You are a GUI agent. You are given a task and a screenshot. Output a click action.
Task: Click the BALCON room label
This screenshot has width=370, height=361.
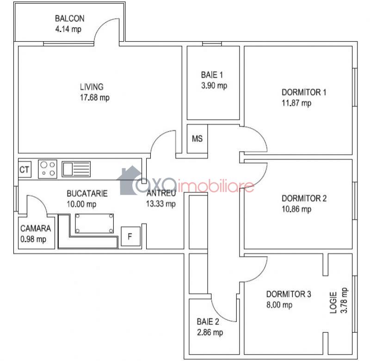70,18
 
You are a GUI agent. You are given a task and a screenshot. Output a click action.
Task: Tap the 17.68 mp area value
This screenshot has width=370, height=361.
95,98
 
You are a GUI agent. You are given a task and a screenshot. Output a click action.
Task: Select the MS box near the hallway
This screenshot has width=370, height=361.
197,139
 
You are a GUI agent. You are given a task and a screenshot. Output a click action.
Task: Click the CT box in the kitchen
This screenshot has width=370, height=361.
25,169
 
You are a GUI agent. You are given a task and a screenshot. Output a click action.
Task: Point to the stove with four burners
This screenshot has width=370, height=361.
48,169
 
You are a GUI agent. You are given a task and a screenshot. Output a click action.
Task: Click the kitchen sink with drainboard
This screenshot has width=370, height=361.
76,169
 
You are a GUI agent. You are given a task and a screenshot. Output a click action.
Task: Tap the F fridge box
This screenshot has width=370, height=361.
130,236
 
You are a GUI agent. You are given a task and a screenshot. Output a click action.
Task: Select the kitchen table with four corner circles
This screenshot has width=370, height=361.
94,223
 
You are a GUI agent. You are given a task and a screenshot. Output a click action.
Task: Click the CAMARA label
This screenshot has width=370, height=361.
36,228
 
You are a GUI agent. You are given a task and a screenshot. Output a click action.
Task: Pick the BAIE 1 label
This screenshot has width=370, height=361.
212,75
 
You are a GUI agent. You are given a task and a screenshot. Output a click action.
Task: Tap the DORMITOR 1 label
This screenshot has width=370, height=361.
304,92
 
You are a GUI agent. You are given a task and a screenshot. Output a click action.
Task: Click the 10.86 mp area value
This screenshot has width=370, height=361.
296,209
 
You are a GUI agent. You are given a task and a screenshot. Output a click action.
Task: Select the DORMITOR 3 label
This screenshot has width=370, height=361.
289,294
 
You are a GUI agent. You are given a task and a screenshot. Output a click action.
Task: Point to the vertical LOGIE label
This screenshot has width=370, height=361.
333,302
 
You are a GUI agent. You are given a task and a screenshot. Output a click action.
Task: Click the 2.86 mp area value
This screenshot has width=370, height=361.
210,332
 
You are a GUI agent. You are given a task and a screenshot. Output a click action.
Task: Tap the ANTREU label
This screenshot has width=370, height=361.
161,193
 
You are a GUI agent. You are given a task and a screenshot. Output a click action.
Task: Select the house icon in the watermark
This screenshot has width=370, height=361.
129,180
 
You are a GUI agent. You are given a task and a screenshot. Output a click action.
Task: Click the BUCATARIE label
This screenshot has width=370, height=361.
87,193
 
